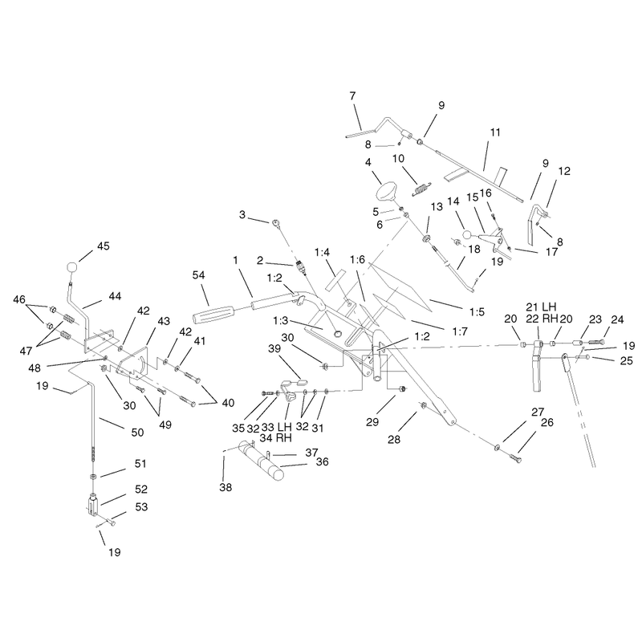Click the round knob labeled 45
[71, 267]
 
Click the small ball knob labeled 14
[467, 235]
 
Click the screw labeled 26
[515, 458]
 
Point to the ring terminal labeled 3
[276, 223]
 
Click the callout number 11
[495, 132]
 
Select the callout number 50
[137, 433]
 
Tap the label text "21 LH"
[541, 307]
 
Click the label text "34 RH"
[276, 437]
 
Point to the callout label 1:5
[477, 312]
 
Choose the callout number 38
[226, 487]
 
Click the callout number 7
[352, 96]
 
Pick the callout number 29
[372, 422]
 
